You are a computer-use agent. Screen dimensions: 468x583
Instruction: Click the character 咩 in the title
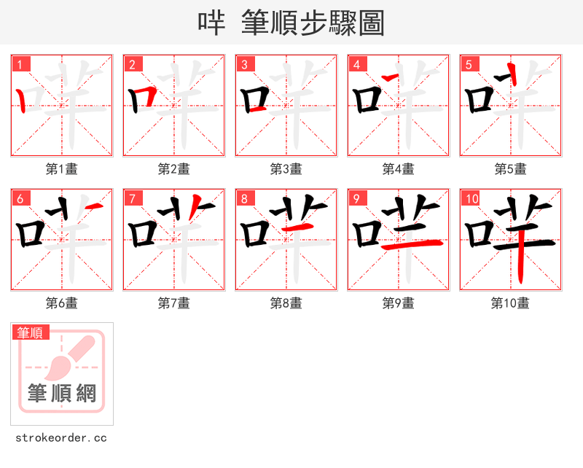(x=211, y=23)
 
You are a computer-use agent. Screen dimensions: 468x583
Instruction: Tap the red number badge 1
(x=20, y=65)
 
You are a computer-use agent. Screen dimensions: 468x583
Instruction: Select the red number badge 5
(x=469, y=65)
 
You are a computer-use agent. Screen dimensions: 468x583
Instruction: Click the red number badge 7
(x=133, y=199)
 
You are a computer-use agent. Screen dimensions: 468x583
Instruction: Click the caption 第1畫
(x=62, y=169)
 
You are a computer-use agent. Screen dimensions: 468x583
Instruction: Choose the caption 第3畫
(x=286, y=169)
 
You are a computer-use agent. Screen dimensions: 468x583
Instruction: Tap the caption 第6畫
(x=62, y=303)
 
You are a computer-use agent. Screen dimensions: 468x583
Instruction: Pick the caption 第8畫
(x=286, y=303)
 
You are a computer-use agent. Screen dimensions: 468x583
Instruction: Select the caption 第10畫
(x=511, y=303)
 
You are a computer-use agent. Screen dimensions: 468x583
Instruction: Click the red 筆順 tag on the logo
(x=31, y=332)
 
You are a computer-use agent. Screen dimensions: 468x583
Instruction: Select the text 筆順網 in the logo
(x=62, y=394)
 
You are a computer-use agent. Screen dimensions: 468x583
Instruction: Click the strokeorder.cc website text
(x=61, y=438)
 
